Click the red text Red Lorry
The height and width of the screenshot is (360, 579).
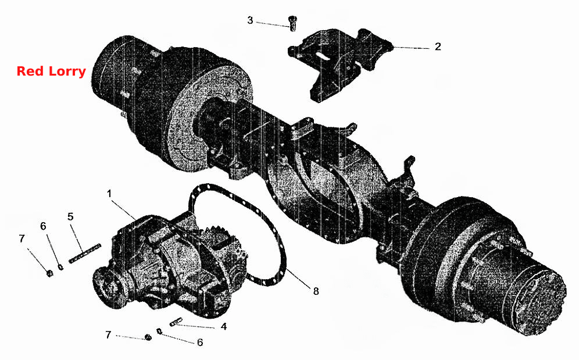pyautogui.click(x=51, y=71)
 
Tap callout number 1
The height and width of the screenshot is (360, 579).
pyautogui.click(x=109, y=194)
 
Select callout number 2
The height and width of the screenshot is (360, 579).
pyautogui.click(x=438, y=47)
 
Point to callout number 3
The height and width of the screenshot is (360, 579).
pyautogui.click(x=250, y=20)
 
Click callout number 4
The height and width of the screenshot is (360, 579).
pyautogui.click(x=224, y=327)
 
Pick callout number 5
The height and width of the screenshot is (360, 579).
pyautogui.click(x=70, y=216)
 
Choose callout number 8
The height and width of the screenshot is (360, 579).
pyautogui.click(x=316, y=291)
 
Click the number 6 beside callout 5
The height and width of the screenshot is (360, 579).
pyautogui.click(x=43, y=226)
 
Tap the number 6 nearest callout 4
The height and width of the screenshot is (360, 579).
pyautogui.click(x=200, y=342)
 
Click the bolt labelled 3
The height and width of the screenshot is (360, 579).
pyautogui.click(x=293, y=23)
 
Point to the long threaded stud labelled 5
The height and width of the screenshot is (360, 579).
pyautogui.click(x=84, y=254)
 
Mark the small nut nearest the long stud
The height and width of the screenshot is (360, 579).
pyautogui.click(x=49, y=273)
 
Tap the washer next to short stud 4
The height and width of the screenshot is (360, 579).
pyautogui.click(x=159, y=331)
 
